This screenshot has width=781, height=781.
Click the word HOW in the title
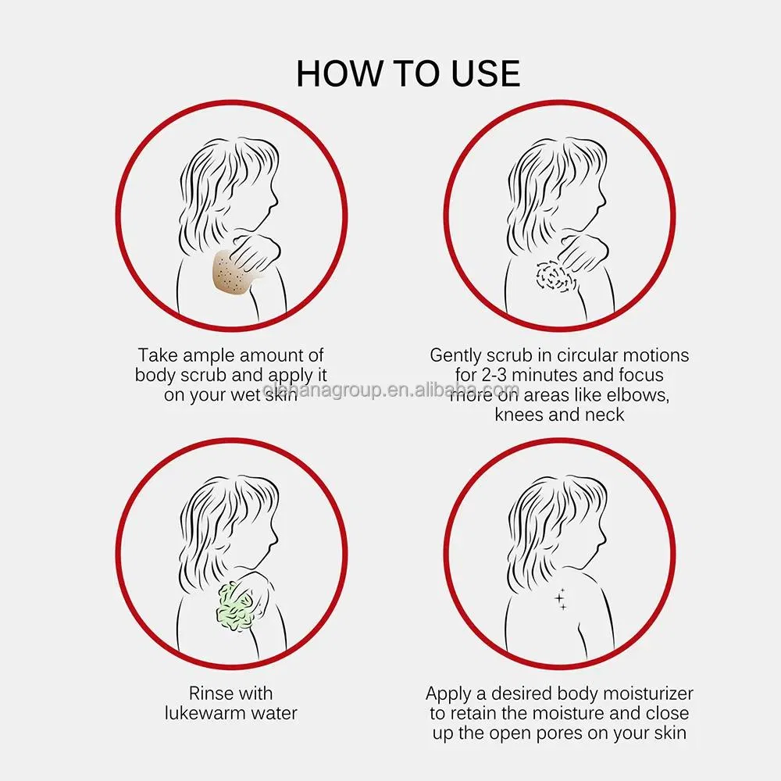click(x=341, y=73)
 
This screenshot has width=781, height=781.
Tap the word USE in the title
click(x=486, y=73)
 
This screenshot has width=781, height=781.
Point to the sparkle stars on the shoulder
click(x=561, y=598)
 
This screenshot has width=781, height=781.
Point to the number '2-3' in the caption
click(x=494, y=375)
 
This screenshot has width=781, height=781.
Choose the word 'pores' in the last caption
click(x=558, y=734)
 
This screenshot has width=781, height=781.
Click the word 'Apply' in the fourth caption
click(x=448, y=694)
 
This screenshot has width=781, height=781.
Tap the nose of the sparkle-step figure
click(x=604, y=540)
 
